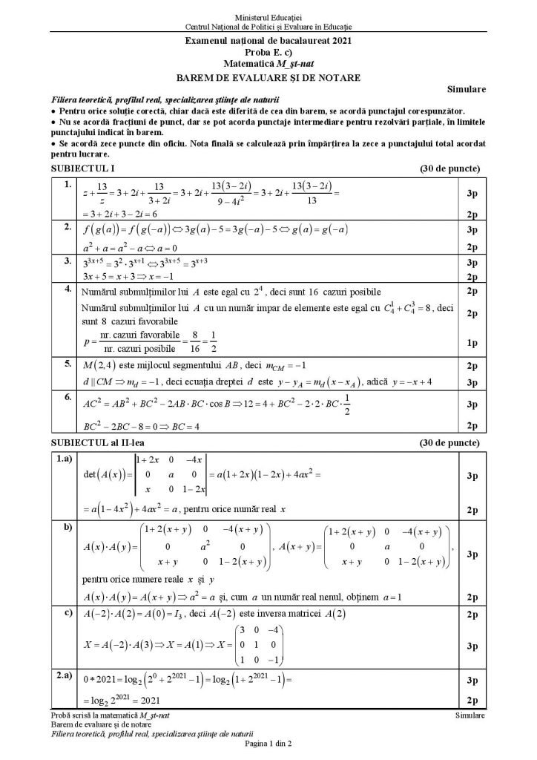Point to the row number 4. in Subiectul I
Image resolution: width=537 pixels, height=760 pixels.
click(x=67, y=288)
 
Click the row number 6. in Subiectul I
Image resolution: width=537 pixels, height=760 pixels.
click(x=67, y=398)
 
